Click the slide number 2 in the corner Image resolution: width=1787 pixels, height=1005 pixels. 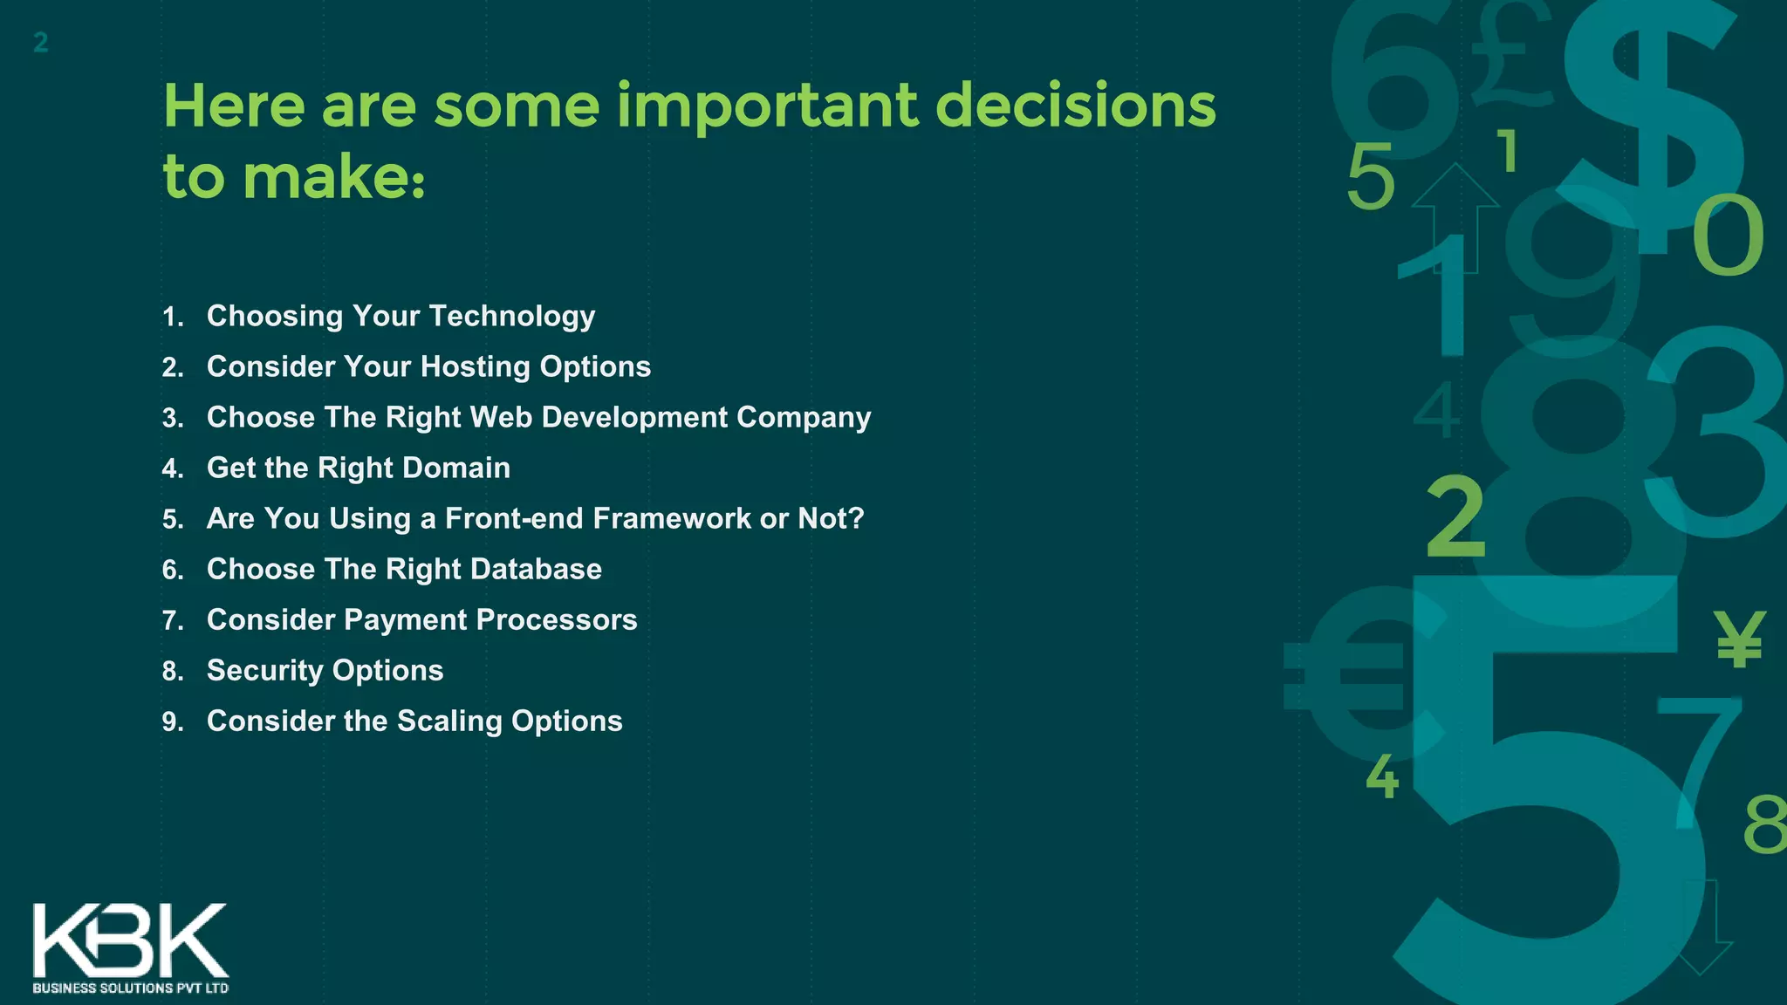point(40,42)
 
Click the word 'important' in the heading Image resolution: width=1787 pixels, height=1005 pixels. point(768,106)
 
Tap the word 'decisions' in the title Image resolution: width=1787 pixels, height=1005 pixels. point(1075,106)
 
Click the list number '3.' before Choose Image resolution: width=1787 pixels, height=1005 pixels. point(173,418)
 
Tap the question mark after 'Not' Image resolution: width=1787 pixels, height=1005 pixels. point(856,518)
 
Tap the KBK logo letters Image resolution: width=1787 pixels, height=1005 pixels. point(131,940)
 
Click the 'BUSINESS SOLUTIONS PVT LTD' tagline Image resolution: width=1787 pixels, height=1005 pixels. point(131,988)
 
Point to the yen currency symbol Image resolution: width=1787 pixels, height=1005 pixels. point(1738,639)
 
